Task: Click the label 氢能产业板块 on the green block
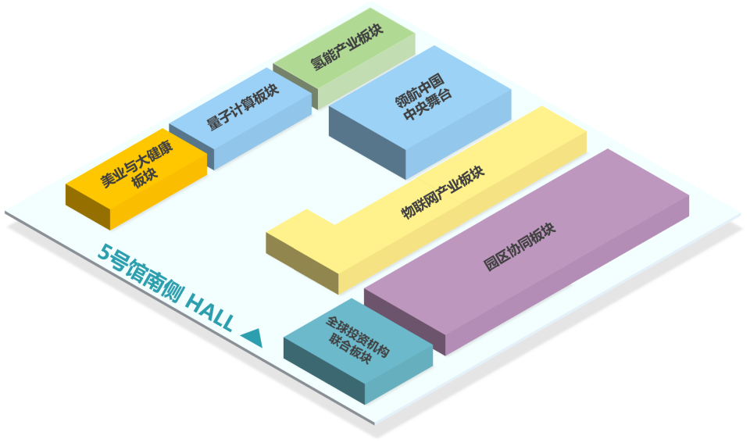pyautogui.click(x=347, y=46)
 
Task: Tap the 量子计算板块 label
pyautogui.click(x=243, y=107)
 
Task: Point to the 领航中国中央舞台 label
pyautogui.click(x=423, y=98)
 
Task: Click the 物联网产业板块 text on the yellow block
pyautogui.click(x=443, y=192)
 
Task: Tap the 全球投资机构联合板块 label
pyautogui.click(x=357, y=339)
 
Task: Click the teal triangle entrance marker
pyautogui.click(x=252, y=338)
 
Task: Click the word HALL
pyautogui.click(x=210, y=314)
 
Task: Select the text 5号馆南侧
pyautogui.click(x=139, y=273)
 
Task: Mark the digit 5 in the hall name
pyautogui.click(x=104, y=251)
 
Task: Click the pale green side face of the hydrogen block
pyautogui.click(x=366, y=72)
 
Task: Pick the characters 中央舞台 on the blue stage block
pyautogui.click(x=427, y=105)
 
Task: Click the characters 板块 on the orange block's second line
pyautogui.click(x=145, y=179)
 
